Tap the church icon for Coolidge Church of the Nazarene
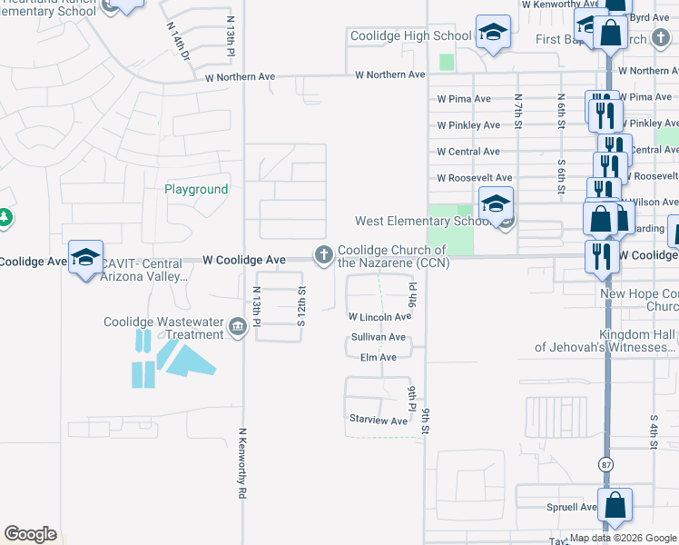(x=323, y=257)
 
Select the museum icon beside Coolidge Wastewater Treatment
(x=238, y=327)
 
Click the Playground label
(x=196, y=190)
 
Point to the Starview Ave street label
(x=379, y=421)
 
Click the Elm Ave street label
(x=379, y=358)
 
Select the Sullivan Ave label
(x=379, y=337)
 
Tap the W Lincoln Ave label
(x=379, y=317)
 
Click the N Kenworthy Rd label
(x=242, y=463)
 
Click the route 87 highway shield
(x=605, y=464)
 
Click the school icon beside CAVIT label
(x=85, y=258)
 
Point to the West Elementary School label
(x=424, y=221)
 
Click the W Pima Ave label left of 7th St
(x=464, y=98)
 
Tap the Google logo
(x=30, y=533)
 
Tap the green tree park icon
(x=5, y=218)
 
